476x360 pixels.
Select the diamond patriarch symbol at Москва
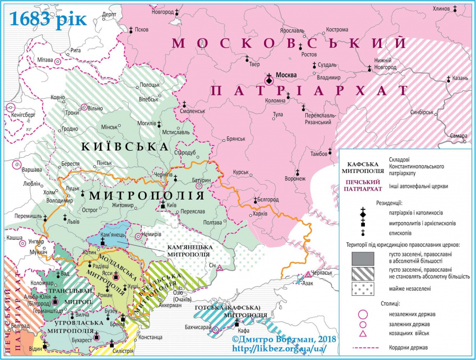tap(269, 80)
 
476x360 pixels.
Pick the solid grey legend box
tap(363, 257)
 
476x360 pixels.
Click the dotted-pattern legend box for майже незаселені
tap(363, 288)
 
